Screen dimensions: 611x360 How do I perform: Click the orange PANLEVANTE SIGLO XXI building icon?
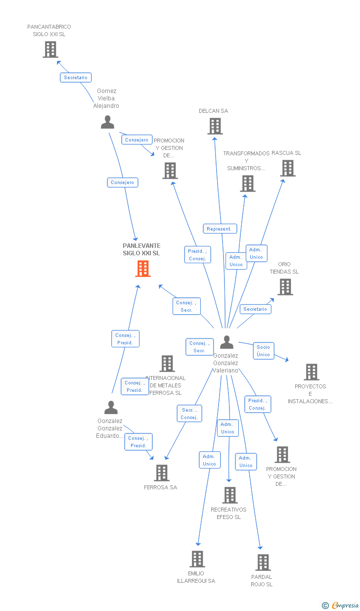click(x=143, y=269)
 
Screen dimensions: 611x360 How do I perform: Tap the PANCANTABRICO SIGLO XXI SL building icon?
click(x=50, y=49)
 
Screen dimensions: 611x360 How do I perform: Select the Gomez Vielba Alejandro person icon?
click(x=107, y=122)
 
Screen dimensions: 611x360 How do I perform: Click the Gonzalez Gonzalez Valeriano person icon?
click(x=226, y=342)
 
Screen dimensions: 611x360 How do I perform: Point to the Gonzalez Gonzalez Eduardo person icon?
click(x=111, y=407)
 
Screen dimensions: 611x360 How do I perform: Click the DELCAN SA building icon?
click(x=215, y=126)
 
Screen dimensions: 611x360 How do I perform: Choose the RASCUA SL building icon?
click(x=287, y=168)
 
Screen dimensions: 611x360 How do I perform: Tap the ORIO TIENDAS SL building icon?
click(x=285, y=287)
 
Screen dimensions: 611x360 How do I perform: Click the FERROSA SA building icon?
click(x=161, y=473)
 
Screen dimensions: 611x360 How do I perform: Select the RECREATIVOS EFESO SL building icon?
click(x=229, y=495)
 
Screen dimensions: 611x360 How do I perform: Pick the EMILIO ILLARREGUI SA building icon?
click(x=197, y=559)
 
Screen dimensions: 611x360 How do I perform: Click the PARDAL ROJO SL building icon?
click(x=263, y=563)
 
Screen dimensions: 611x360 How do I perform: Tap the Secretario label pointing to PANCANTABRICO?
click(x=76, y=78)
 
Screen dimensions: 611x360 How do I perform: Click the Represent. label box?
click(x=220, y=229)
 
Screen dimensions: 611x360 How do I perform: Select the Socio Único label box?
click(x=264, y=351)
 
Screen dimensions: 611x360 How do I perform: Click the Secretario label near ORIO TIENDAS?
click(x=255, y=309)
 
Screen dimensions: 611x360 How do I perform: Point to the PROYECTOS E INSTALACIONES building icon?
click(x=311, y=372)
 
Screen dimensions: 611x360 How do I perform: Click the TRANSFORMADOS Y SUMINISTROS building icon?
click(x=247, y=184)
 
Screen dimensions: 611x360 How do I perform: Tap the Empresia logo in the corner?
click(x=341, y=605)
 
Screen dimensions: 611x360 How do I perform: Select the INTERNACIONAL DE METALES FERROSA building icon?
click(x=167, y=364)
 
